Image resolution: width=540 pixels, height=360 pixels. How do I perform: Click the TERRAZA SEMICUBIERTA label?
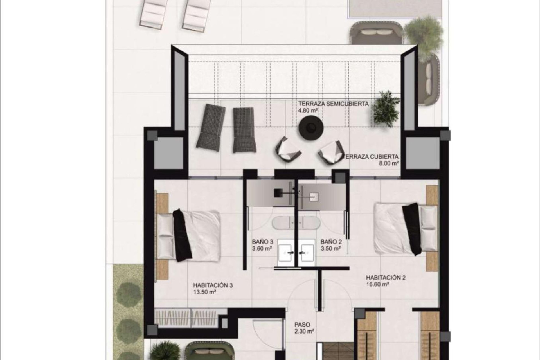coord(333,104)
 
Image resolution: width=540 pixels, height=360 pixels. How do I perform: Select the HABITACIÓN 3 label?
coord(213,285)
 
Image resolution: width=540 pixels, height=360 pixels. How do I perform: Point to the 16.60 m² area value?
coord(377,284)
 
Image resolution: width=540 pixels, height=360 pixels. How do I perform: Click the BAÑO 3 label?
coord(262,242)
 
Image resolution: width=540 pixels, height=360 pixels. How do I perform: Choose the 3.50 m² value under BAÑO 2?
coord(330,248)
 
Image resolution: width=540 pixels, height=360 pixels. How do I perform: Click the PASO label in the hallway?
coord(302,325)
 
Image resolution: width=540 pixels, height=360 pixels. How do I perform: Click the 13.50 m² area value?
coord(204,292)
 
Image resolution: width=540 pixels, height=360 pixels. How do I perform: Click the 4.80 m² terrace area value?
coord(308,110)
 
